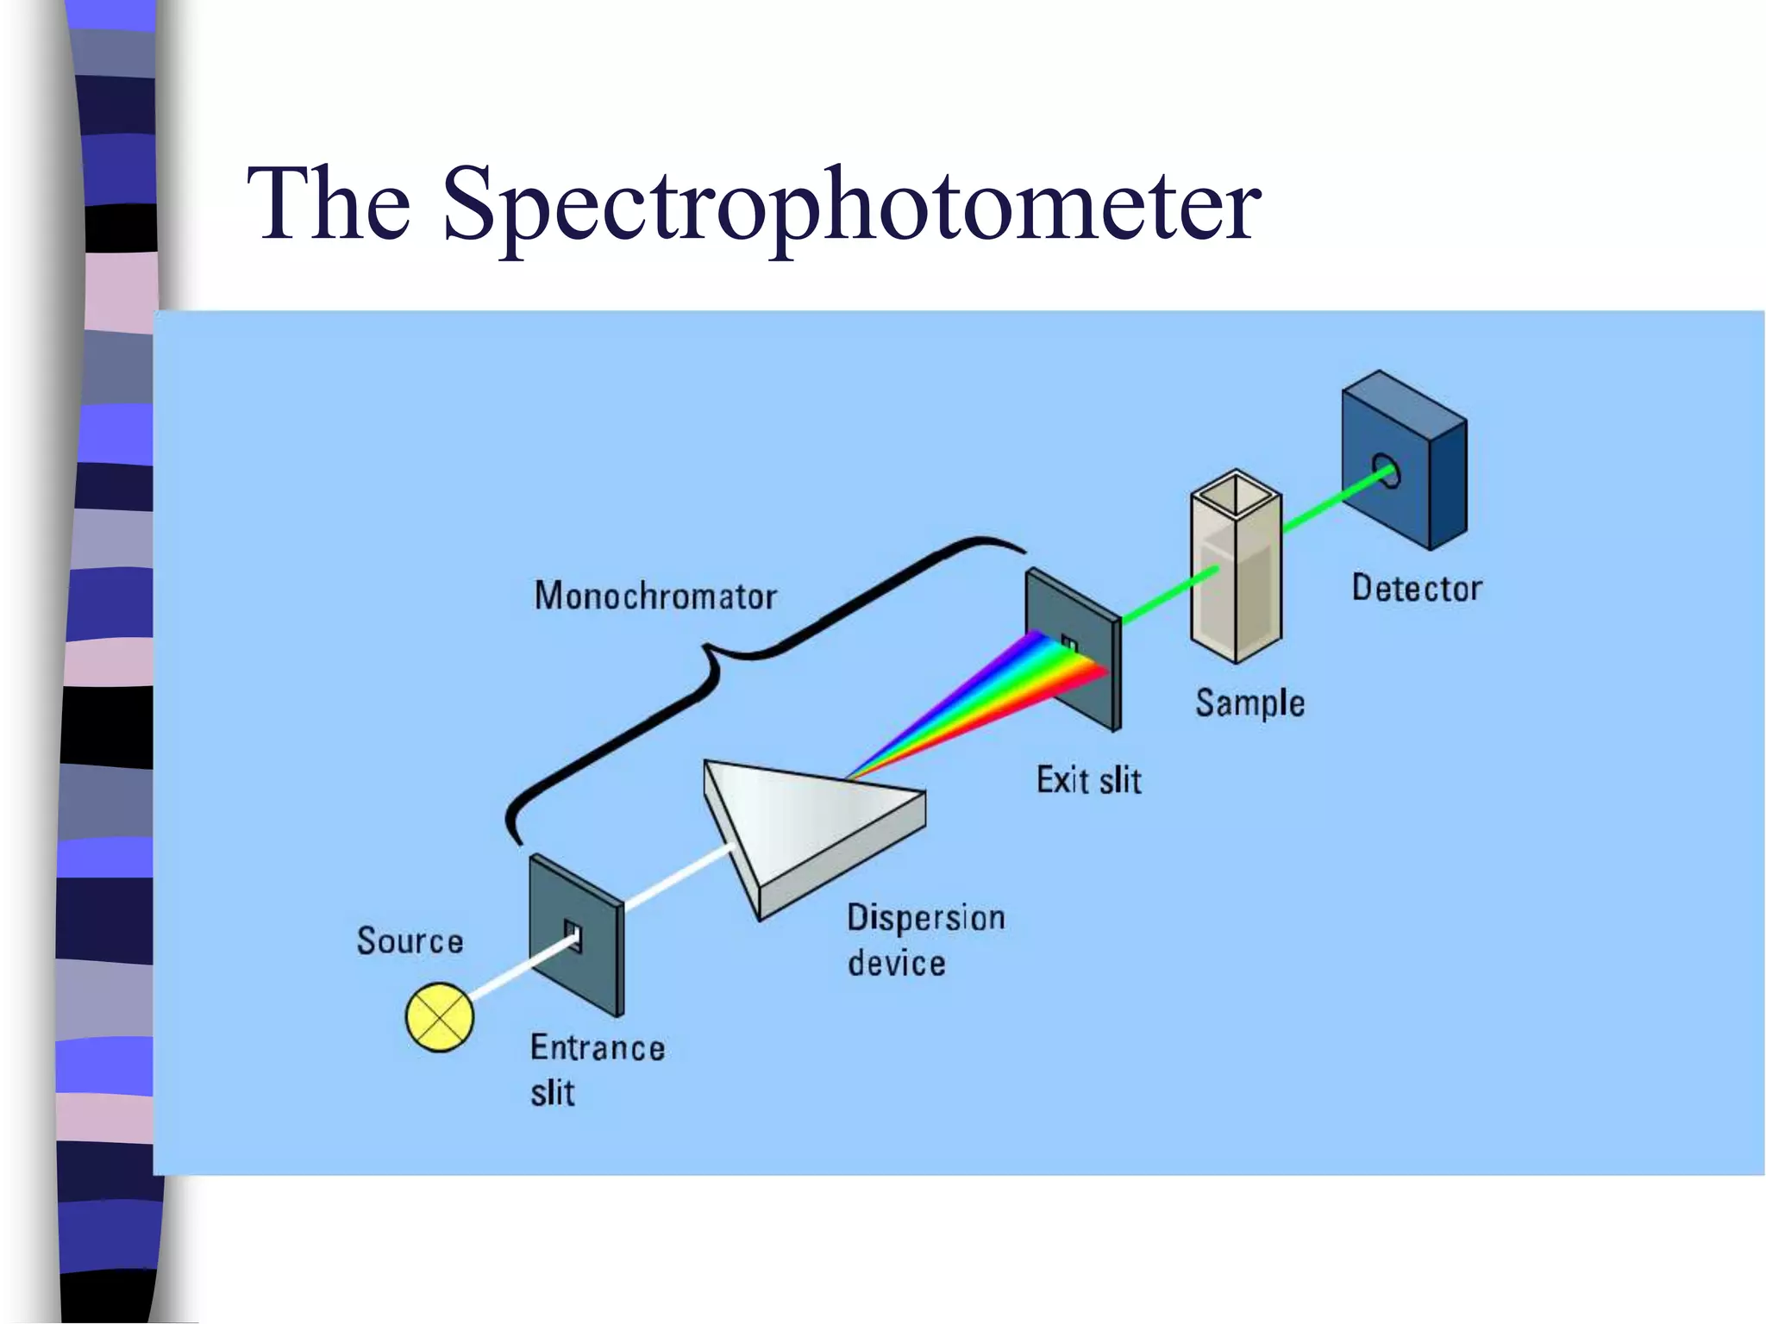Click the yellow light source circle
coord(440,1017)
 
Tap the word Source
coord(410,940)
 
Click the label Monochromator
coord(655,596)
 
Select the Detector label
coord(1417,588)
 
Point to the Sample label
coord(1249,703)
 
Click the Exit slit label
coord(1089,780)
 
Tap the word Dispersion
coord(926,917)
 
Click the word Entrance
coord(598,1047)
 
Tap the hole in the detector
coord(1387,472)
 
